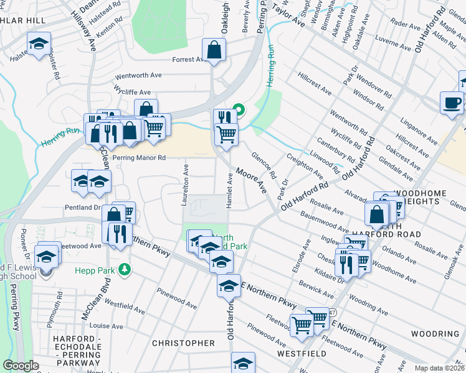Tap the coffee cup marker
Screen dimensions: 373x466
pyautogui.click(x=451, y=103)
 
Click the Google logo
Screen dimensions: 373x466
pyautogui.click(x=21, y=366)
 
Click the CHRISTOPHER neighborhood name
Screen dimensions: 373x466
pyautogui.click(x=184, y=343)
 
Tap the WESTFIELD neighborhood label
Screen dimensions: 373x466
pyautogui.click(x=302, y=353)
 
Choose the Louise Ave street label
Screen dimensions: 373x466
pyautogui.click(x=106, y=325)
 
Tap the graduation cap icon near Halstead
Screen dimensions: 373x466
pyautogui.click(x=39, y=45)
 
